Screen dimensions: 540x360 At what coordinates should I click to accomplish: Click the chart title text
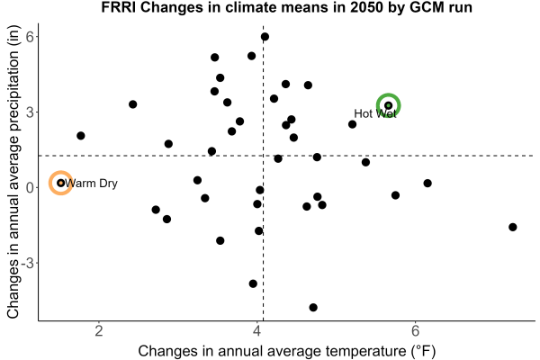click(x=286, y=7)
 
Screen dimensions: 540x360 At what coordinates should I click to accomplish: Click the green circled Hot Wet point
click(x=389, y=105)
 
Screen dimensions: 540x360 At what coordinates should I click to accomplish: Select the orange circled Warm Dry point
click(x=61, y=183)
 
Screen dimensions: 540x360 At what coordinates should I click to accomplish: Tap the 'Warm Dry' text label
click(x=91, y=183)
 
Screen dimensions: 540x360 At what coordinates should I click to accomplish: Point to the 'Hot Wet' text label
click(x=375, y=113)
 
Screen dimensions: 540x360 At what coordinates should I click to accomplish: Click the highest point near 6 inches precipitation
click(x=265, y=37)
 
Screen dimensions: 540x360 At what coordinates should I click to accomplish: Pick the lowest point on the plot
click(x=313, y=307)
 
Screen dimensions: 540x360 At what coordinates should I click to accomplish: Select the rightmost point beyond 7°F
click(x=513, y=227)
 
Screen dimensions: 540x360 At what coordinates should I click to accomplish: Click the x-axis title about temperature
click(x=287, y=351)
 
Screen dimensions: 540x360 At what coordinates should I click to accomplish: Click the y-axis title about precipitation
click(x=13, y=172)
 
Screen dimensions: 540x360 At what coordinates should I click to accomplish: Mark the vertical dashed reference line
click(x=264, y=173)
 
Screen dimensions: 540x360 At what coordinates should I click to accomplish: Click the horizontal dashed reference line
click(x=286, y=156)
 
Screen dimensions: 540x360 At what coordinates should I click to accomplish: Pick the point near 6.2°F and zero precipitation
click(x=427, y=184)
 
